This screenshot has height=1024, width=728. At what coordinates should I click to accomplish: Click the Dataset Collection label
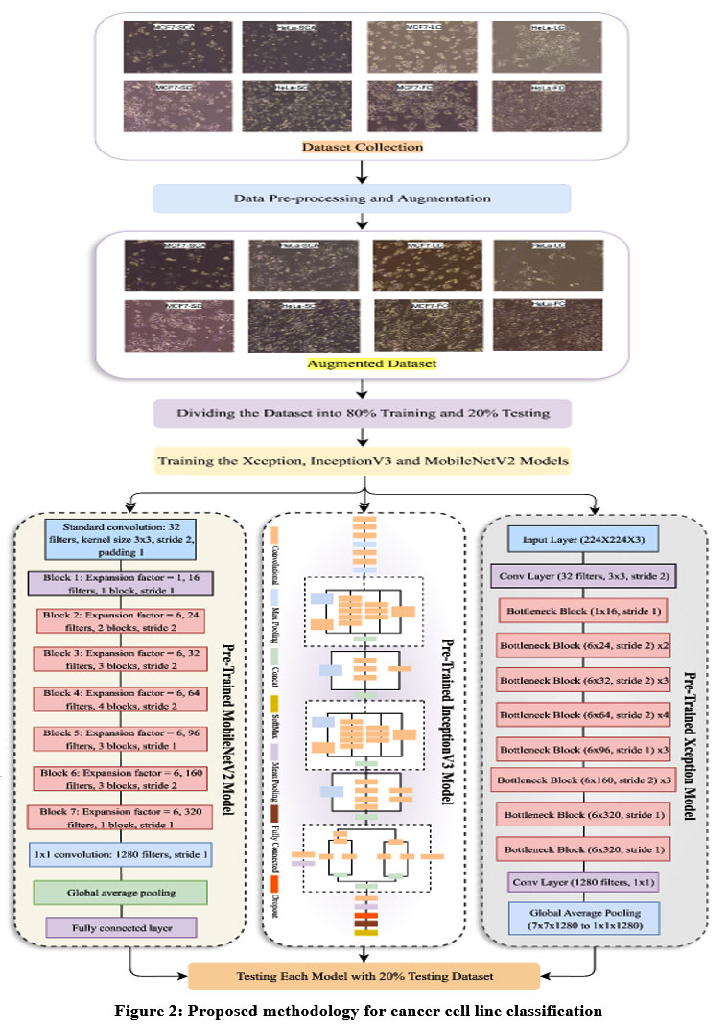[363, 148]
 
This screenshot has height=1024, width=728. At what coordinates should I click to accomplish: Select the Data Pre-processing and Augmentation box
[363, 198]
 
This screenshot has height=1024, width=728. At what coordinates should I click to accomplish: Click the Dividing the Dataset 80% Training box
[364, 413]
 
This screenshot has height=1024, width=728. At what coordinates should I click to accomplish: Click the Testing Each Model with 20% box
[364, 976]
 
